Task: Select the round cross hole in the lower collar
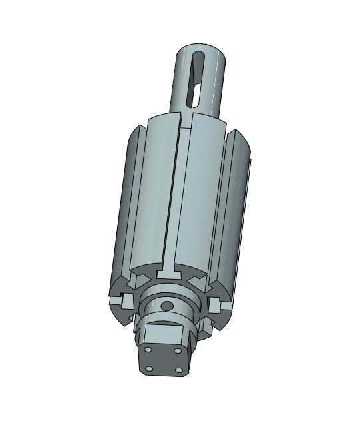tap(167, 306)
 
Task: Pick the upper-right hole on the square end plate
tap(178, 350)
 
